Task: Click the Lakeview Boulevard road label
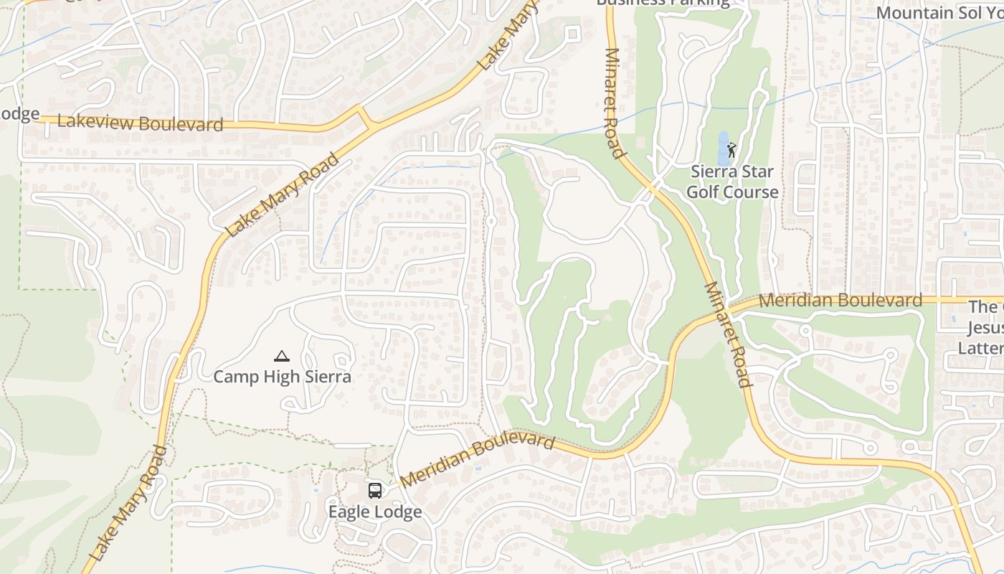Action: coord(140,123)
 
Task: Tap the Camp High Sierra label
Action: coord(282,377)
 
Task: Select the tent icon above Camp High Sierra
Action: coord(282,356)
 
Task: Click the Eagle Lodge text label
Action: coord(374,512)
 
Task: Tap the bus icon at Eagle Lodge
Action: coord(375,491)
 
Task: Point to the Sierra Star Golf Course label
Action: coord(732,182)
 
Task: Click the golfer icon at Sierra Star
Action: coord(731,150)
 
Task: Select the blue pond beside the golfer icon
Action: coord(722,148)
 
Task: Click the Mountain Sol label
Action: coord(938,13)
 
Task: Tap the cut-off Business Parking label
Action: coord(663,3)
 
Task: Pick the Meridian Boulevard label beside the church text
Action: coord(840,300)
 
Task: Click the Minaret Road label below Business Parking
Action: coord(614,102)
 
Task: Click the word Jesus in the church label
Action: coord(985,328)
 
